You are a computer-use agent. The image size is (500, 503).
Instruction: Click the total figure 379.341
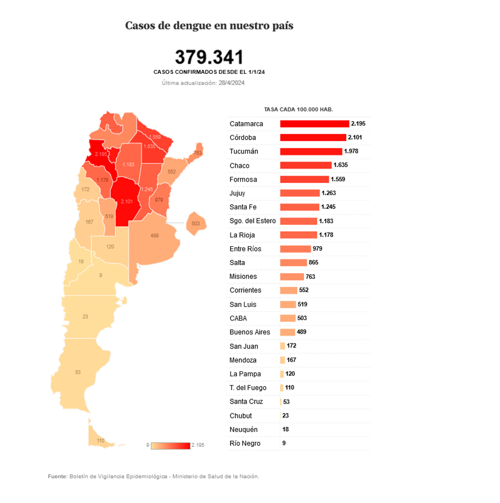(x=209, y=57)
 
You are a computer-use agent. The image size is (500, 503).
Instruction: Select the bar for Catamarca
(x=314, y=123)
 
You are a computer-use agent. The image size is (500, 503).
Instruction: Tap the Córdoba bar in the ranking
(x=313, y=137)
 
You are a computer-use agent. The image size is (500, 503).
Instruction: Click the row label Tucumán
(x=244, y=151)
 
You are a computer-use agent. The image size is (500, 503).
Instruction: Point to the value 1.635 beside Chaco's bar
(x=341, y=165)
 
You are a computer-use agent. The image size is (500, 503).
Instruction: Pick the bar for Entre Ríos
(x=295, y=248)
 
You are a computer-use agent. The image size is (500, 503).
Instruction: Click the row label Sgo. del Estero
(x=252, y=221)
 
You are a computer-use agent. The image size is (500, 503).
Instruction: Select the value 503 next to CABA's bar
(x=302, y=318)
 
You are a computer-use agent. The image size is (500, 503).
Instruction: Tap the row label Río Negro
(x=244, y=443)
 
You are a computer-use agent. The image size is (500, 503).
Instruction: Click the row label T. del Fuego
(x=248, y=387)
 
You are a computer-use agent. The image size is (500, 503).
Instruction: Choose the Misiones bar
(x=292, y=276)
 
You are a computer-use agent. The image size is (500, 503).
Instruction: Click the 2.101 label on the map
(x=127, y=201)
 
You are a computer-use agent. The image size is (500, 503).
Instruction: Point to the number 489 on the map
(x=154, y=236)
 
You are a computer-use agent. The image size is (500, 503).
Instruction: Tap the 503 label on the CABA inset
(x=195, y=223)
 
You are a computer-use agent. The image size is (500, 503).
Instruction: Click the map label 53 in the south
(x=78, y=372)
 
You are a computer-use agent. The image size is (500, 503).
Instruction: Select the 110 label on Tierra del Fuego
(x=101, y=440)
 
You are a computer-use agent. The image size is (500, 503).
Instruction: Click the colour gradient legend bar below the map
(x=170, y=445)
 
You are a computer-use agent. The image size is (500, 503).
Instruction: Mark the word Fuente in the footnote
(x=57, y=476)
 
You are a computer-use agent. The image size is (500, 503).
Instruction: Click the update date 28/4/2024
(x=232, y=83)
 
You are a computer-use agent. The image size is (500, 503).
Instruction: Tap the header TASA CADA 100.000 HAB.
(x=298, y=109)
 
